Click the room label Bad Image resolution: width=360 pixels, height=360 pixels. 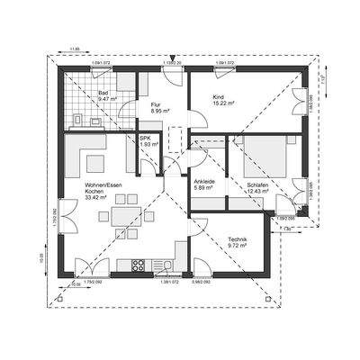click(102, 93)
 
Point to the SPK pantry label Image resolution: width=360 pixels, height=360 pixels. click(145, 138)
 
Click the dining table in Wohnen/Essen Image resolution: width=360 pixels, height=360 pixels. click(119, 219)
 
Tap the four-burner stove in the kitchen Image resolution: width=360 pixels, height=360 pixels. click(139, 265)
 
